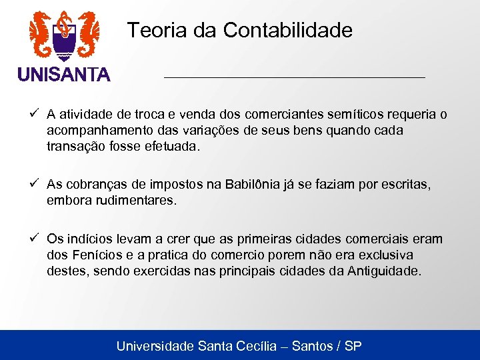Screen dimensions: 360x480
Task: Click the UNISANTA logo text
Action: [x=64, y=75]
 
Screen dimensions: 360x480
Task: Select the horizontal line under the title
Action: [x=294, y=78]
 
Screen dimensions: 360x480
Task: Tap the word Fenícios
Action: [x=91, y=255]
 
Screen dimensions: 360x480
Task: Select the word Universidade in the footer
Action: [x=155, y=346]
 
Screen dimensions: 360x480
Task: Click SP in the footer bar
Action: [x=353, y=346]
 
